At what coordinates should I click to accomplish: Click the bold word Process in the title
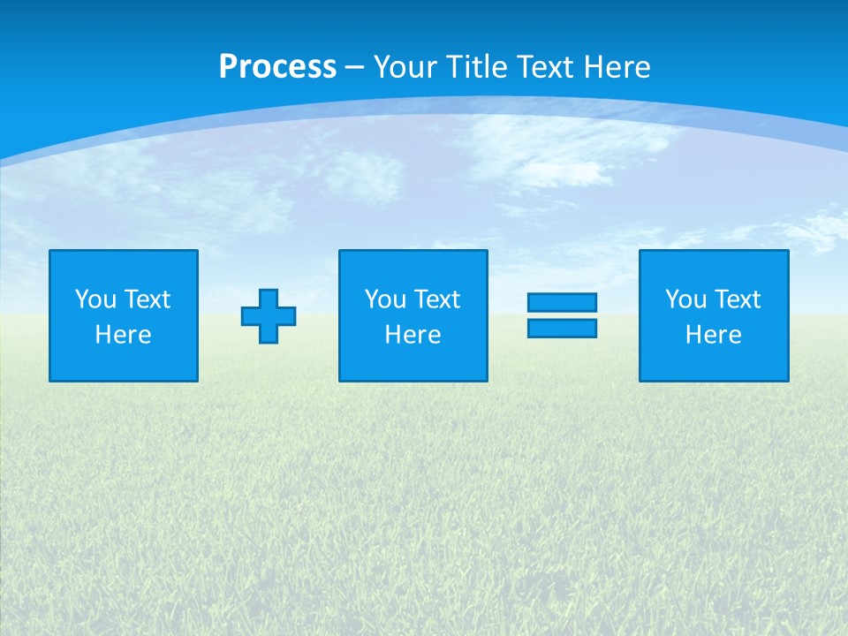tap(277, 67)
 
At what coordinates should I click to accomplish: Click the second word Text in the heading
tap(549, 67)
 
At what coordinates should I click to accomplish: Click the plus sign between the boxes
tap(269, 316)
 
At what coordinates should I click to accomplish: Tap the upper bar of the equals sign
tap(562, 302)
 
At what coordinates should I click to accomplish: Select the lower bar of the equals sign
tap(562, 328)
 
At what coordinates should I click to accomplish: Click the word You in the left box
tap(95, 299)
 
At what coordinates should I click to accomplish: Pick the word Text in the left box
tap(146, 299)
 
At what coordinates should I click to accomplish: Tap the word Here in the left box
tap(123, 335)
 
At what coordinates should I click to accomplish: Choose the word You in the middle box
tap(385, 299)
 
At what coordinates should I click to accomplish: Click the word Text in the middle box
tap(435, 299)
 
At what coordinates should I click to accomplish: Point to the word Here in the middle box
tap(413, 335)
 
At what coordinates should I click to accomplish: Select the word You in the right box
tap(685, 299)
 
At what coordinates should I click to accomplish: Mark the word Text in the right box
tap(736, 299)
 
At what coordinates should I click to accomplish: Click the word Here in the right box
tap(713, 335)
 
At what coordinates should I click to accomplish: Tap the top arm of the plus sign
tap(269, 299)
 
